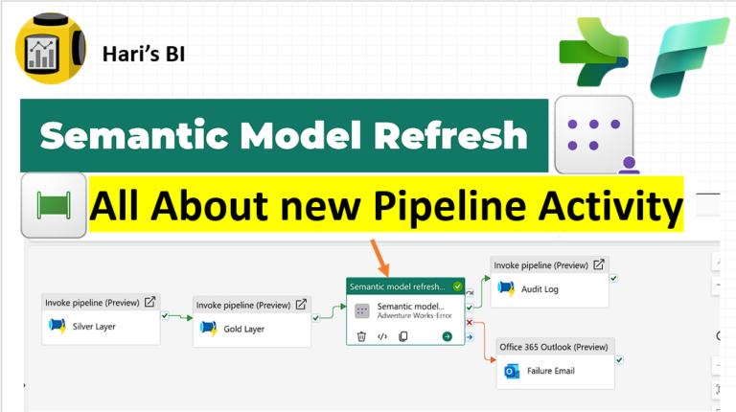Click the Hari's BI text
[x=144, y=54]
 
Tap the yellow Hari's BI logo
[x=51, y=48]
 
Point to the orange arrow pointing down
[x=379, y=258]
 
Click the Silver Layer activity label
[x=94, y=327]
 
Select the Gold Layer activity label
[x=244, y=329]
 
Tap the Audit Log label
[x=540, y=289]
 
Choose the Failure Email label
[x=551, y=371]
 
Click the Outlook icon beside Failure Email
[x=512, y=371]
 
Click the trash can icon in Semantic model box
[x=361, y=336]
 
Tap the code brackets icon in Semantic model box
[x=382, y=336]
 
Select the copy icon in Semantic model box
[x=403, y=336]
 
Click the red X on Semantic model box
[x=470, y=322]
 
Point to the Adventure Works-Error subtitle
[x=414, y=316]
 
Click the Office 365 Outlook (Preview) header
[x=553, y=347]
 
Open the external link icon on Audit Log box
[x=598, y=264]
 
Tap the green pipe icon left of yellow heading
[x=54, y=206]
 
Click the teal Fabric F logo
[x=688, y=57]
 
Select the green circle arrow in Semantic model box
[x=448, y=336]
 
